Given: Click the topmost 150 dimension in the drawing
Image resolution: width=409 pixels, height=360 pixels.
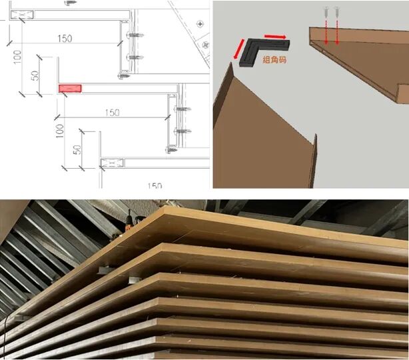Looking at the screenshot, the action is pyautogui.click(x=65, y=39).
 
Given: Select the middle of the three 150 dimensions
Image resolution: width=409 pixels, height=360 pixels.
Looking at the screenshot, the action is pyautogui.click(x=113, y=113).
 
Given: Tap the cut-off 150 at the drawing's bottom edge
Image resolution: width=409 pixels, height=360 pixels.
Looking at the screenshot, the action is pyautogui.click(x=155, y=185).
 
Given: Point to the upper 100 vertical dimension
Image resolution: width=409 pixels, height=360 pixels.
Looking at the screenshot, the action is pyautogui.click(x=17, y=57).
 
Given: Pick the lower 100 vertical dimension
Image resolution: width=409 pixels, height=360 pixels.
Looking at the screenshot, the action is pyautogui.click(x=60, y=131).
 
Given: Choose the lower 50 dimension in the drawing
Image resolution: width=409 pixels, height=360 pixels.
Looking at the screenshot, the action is pyautogui.click(x=77, y=149).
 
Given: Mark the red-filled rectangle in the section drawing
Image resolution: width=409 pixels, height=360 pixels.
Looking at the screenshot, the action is pyautogui.click(x=70, y=89).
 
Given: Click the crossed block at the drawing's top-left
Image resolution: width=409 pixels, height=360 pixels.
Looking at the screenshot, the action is pyautogui.click(x=22, y=15).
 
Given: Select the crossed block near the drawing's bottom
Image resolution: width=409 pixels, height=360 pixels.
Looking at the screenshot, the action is pyautogui.click(x=112, y=163).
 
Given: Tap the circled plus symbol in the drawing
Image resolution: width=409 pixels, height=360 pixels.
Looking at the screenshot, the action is pyautogui.click(x=200, y=24).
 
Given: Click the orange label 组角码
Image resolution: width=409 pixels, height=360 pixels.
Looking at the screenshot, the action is pyautogui.click(x=274, y=60).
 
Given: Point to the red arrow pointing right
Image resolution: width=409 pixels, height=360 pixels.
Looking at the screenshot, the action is pyautogui.click(x=276, y=37).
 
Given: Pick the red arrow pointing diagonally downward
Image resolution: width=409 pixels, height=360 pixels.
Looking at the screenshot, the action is pyautogui.click(x=239, y=49).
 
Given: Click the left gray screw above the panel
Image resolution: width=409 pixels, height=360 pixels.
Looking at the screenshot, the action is pyautogui.click(x=326, y=12).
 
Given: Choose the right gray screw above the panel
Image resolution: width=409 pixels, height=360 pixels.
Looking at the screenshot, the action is pyautogui.click(x=337, y=12).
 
